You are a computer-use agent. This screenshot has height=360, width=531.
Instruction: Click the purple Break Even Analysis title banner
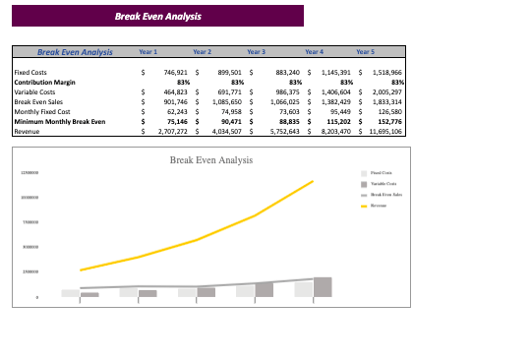tap(157, 17)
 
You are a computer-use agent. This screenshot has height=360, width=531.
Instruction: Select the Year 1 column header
tap(148, 51)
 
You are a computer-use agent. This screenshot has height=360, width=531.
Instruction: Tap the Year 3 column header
tap(255, 51)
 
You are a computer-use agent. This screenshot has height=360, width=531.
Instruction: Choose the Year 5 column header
tap(365, 51)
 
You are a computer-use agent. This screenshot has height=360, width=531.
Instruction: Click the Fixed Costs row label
tap(30, 73)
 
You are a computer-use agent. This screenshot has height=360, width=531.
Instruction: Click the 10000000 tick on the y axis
tap(28, 198)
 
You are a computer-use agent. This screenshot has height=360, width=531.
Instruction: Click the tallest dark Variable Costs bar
tap(323, 287)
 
